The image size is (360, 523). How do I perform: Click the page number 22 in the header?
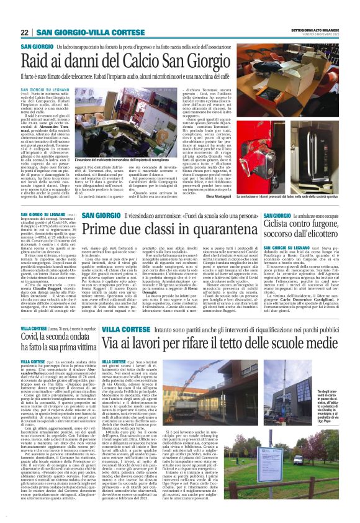point(25,32)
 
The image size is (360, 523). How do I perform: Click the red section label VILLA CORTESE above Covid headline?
point(33,327)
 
